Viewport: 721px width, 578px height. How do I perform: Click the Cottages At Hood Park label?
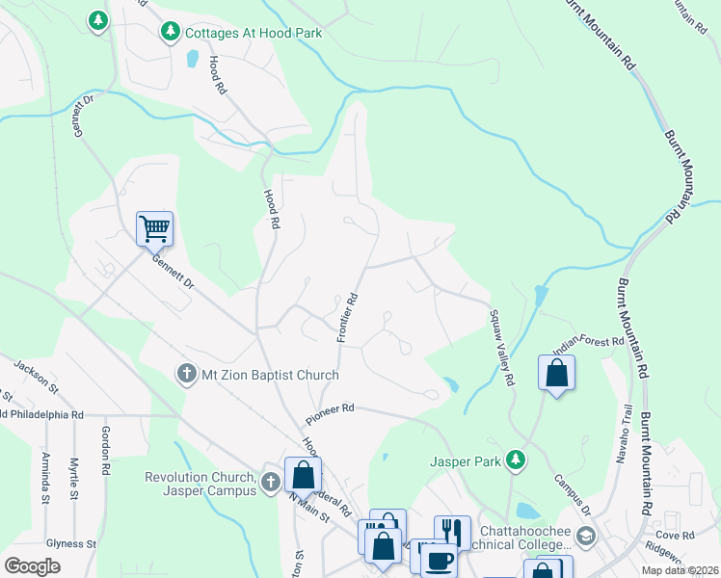(253, 33)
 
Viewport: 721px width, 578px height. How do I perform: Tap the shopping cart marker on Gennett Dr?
(154, 229)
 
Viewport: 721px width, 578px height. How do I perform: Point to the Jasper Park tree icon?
(517, 460)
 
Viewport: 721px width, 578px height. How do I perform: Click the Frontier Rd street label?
(348, 317)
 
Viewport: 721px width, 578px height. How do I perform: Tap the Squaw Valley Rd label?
(500, 348)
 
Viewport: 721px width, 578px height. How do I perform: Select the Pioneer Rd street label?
(331, 414)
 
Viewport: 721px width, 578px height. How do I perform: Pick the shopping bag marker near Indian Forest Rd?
(557, 373)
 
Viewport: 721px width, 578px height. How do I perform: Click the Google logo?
(32, 566)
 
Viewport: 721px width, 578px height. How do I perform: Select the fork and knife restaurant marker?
(452, 531)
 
